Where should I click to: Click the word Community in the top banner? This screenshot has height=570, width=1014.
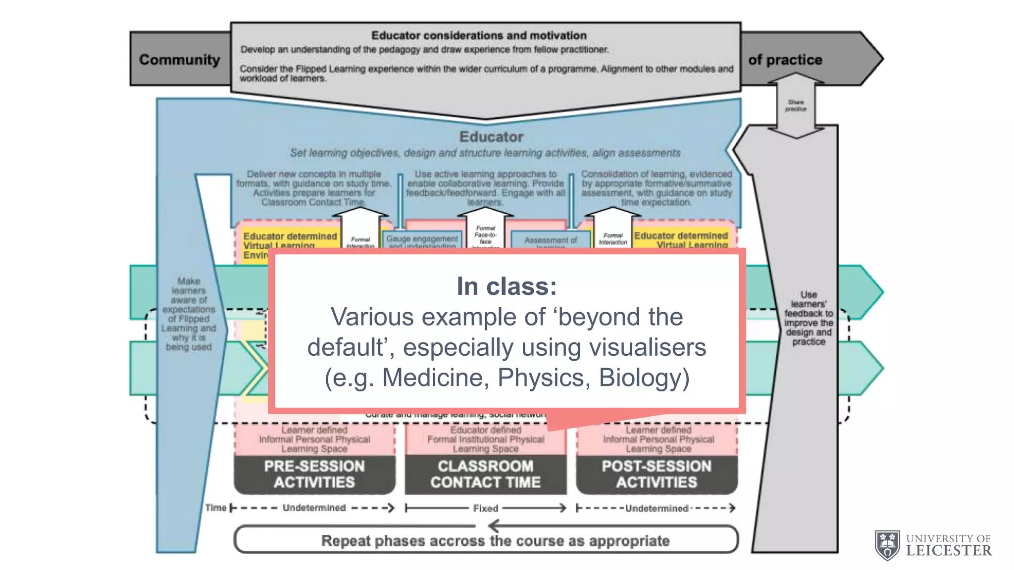coord(179,60)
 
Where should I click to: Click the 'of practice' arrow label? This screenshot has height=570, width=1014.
coord(785,60)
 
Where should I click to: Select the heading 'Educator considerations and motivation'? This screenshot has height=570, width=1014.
coord(479,36)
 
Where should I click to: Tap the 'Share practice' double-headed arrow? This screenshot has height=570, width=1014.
coord(796,105)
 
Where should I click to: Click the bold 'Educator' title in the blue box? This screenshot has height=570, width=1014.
coord(491,137)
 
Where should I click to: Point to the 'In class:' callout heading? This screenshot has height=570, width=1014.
coord(507,286)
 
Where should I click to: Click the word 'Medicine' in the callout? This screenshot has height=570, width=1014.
coord(436,378)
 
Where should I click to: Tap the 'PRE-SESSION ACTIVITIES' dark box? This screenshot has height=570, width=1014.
coord(314,474)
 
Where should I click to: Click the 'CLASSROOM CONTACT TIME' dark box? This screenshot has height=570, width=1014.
coord(485,474)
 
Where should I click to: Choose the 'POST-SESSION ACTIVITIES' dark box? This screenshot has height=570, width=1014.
coord(657,474)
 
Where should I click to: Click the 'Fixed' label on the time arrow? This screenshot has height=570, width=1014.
coord(485,508)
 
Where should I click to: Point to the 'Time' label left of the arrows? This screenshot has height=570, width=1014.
coord(216,508)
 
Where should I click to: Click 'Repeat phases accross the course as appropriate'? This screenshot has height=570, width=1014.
coord(495,541)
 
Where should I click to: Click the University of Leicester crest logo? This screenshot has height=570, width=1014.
coord(887,545)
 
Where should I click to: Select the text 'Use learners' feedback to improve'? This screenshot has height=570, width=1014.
coord(809,313)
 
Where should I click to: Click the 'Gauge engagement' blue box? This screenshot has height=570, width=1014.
coord(422,240)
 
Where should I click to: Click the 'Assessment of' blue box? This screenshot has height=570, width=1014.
coord(551,241)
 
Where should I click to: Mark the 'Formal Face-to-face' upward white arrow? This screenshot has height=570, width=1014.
coord(485,230)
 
